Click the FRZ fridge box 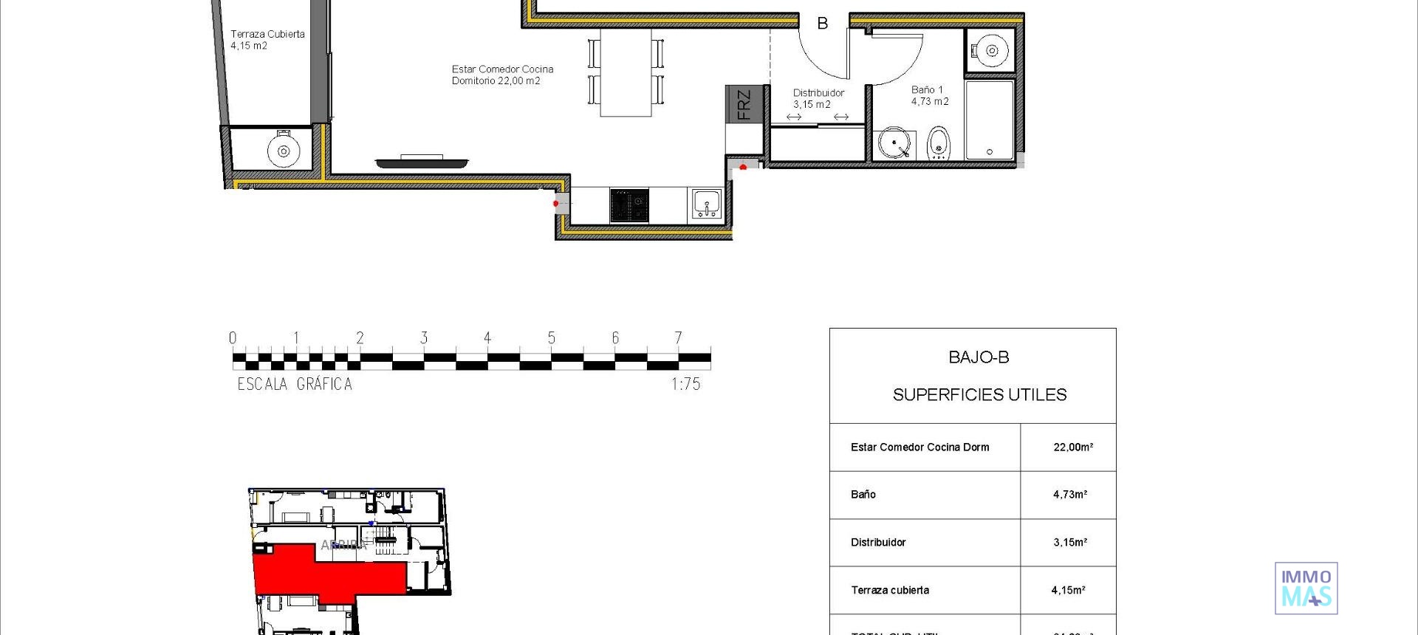point(744,104)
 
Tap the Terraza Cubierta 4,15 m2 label point(267,40)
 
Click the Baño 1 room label point(929,95)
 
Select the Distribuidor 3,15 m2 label point(818,98)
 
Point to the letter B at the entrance point(822,24)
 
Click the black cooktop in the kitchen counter point(629,205)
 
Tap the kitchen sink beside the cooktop point(707,204)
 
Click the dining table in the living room point(626,72)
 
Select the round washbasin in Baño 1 point(894,143)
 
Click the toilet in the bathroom point(938,143)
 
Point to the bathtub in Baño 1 point(990,120)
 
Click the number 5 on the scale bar point(551,338)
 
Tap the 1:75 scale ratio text point(685,384)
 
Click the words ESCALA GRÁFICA point(295,384)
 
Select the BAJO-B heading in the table point(979,357)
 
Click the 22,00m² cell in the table point(1072,447)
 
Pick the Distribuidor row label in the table point(878,543)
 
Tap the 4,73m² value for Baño point(1069,495)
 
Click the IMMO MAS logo point(1306,588)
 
